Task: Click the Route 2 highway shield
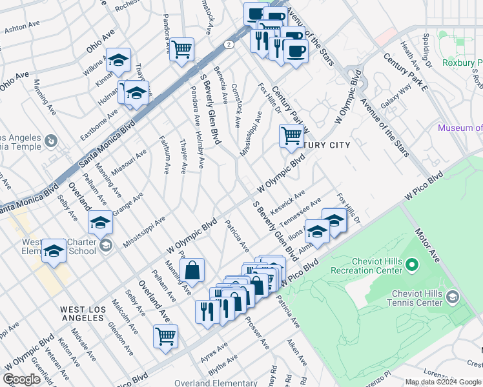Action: click(x=229, y=45)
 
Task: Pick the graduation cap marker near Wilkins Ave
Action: click(x=118, y=60)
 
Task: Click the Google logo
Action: click(x=22, y=379)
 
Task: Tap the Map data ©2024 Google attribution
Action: click(x=443, y=382)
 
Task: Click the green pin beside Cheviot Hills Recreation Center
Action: click(x=415, y=265)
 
